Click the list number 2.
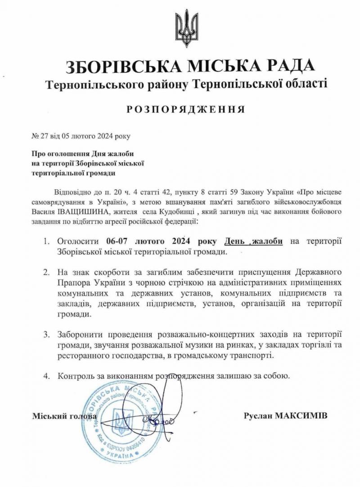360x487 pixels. pyautogui.click(x=46, y=273)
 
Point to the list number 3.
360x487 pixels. pyautogui.click(x=46, y=335)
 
